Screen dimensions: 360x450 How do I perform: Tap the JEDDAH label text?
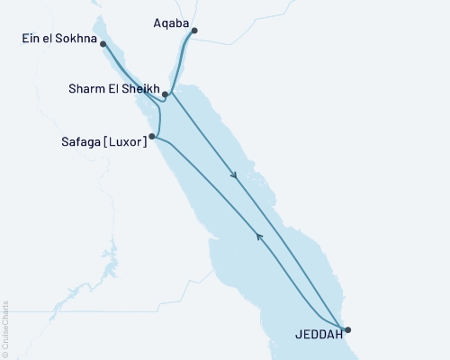[319, 337]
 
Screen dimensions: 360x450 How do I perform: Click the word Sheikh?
[143, 90]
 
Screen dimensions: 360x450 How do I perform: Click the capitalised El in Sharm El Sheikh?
[115, 90]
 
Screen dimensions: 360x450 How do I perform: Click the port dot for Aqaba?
[194, 31]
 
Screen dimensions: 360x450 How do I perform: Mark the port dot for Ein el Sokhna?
[104, 43]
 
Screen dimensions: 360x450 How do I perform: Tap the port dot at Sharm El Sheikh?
[166, 94]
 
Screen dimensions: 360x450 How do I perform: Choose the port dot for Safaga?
[152, 137]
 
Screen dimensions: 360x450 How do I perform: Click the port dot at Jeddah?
[346, 329]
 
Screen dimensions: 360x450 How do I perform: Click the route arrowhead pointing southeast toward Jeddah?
[236, 176]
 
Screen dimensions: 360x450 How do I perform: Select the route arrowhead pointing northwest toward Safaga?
[259, 238]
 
